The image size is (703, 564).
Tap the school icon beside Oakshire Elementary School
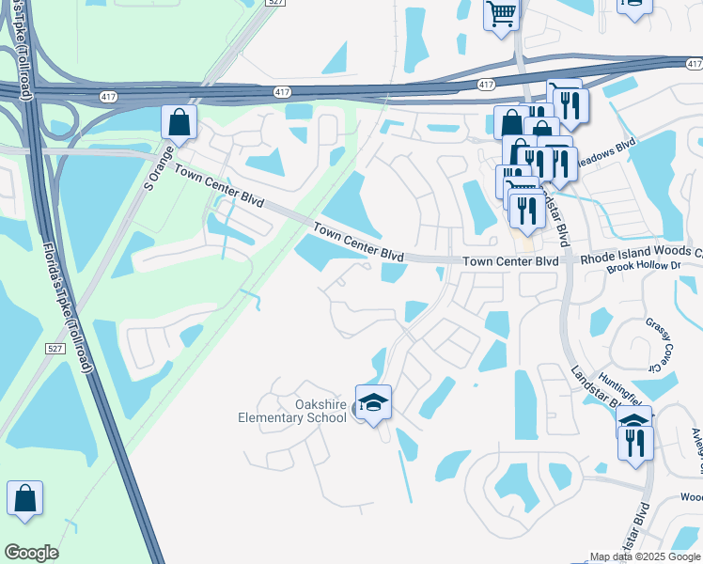point(373,403)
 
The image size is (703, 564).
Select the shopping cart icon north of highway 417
point(502,14)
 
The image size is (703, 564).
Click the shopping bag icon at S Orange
point(178,122)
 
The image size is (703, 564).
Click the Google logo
point(31,553)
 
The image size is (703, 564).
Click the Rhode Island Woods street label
point(641,253)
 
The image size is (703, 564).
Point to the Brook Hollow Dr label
point(644,267)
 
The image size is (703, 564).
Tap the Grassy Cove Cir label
point(661,344)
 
